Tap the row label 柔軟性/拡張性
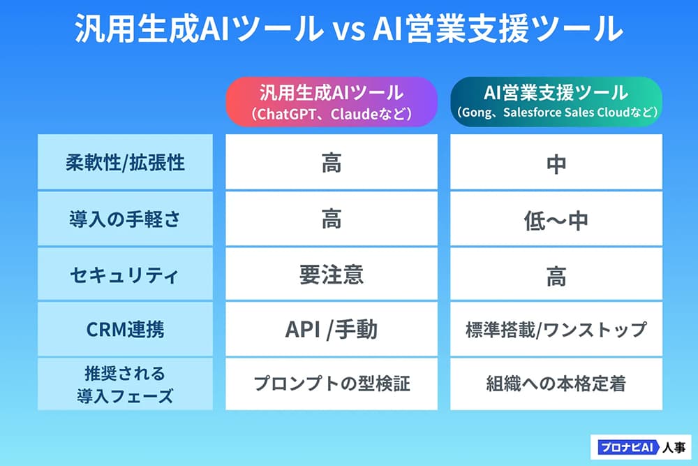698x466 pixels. pyautogui.click(x=125, y=162)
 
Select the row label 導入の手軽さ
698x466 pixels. pyautogui.click(x=125, y=219)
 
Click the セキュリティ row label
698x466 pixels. pyautogui.click(x=125, y=275)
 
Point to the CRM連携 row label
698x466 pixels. pyautogui.click(x=125, y=329)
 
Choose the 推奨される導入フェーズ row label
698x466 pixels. pyautogui.click(x=125, y=384)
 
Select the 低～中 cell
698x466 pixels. pyautogui.click(x=556, y=219)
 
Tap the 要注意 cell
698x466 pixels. pyautogui.click(x=331, y=275)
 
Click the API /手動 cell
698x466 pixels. pyautogui.click(x=331, y=329)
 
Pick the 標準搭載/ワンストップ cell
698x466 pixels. pyautogui.click(x=556, y=329)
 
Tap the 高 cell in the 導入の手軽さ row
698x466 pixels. pyautogui.click(x=331, y=219)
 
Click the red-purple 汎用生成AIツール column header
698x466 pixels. pyautogui.click(x=331, y=101)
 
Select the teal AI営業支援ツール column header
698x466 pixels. pyautogui.click(x=556, y=101)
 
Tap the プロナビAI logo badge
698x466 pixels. pyautogui.click(x=641, y=447)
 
